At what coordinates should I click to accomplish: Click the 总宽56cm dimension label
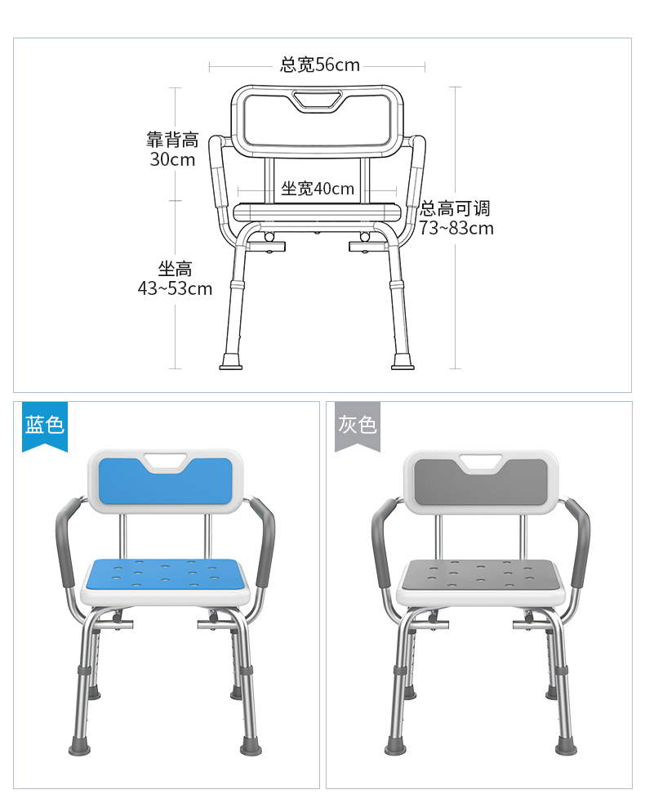[x=320, y=65]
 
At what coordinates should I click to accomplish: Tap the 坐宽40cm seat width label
[x=318, y=189]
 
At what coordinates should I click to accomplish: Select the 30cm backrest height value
[x=172, y=159]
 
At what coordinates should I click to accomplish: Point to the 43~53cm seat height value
[x=175, y=288]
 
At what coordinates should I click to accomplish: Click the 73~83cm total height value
[x=456, y=228]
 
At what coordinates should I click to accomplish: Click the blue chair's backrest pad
[x=165, y=480]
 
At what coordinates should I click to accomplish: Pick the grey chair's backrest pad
[x=480, y=481]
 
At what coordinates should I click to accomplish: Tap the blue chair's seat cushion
[x=166, y=574]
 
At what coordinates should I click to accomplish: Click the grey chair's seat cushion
[x=481, y=575]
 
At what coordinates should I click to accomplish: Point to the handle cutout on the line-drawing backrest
[x=318, y=100]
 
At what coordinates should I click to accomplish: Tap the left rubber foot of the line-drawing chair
[x=231, y=361]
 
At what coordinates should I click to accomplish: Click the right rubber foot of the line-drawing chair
[x=403, y=361]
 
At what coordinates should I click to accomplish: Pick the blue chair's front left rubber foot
[x=80, y=745]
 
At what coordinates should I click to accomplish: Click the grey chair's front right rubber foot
[x=566, y=745]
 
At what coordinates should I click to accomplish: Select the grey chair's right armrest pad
[x=578, y=543]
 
